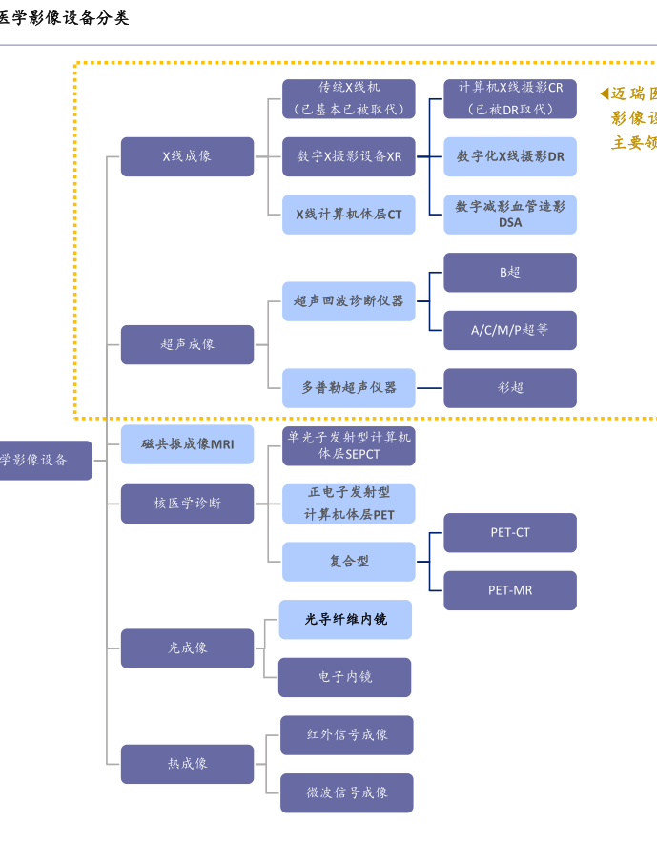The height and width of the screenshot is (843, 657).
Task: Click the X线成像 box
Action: [x=187, y=156]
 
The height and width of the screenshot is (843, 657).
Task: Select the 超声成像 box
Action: [x=187, y=344]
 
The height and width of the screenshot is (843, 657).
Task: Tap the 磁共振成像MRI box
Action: [x=187, y=444]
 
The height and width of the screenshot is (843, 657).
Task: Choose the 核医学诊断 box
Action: [x=187, y=504]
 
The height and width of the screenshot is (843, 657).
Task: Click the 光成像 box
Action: [x=187, y=648]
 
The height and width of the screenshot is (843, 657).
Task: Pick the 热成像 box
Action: [x=187, y=764]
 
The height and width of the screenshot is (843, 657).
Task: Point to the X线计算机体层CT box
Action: [x=348, y=215]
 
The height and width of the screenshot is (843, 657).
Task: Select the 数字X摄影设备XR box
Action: [x=348, y=156]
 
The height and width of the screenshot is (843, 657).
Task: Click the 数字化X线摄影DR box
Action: [x=510, y=156]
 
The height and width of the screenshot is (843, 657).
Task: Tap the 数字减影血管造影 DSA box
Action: [x=510, y=215]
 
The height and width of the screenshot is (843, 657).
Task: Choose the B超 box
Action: [x=510, y=273]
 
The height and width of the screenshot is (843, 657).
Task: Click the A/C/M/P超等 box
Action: [x=510, y=330]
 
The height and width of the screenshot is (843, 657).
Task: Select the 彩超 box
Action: [x=510, y=388]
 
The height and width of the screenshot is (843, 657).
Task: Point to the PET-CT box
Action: [x=510, y=533]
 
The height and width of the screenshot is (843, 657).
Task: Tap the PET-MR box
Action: [x=510, y=590]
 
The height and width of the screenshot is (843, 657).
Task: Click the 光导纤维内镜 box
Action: [x=345, y=620]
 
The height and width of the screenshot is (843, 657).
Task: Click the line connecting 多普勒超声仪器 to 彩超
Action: [x=429, y=388]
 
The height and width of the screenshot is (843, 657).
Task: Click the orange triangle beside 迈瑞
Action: [x=605, y=93]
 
